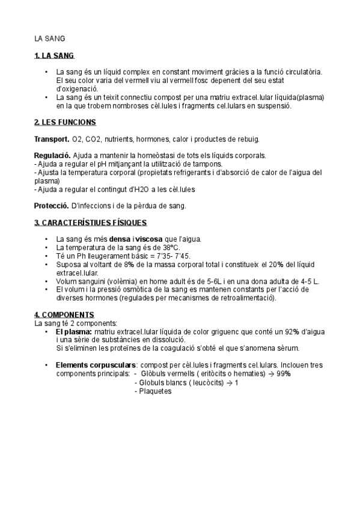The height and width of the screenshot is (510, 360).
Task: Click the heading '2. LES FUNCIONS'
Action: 65,122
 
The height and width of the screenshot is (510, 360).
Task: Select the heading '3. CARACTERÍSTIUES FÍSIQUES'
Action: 90,223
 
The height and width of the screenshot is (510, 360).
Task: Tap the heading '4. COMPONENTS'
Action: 64,315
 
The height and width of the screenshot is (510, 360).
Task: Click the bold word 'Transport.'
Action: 51,139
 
